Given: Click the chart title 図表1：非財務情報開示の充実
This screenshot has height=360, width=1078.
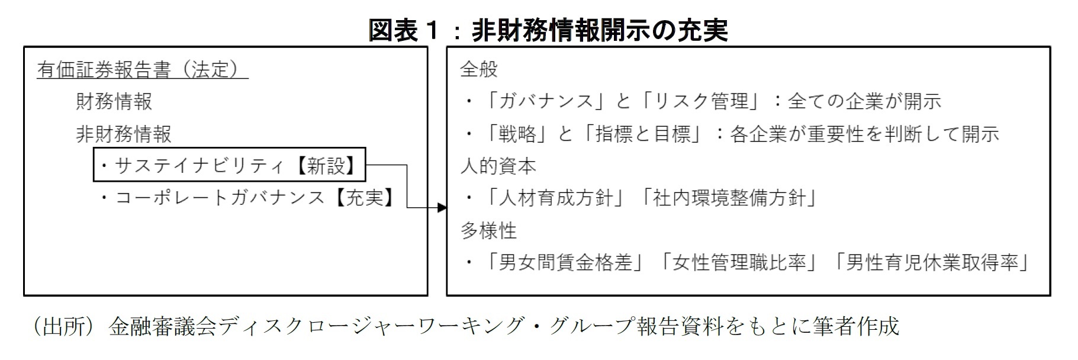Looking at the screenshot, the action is pos(548,30).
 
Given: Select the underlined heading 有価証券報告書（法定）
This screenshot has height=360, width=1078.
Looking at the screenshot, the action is pos(142,70).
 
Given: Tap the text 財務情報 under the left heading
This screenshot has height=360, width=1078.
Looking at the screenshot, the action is pos(114,101).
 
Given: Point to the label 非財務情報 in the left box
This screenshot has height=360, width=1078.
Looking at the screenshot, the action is pos(124,134).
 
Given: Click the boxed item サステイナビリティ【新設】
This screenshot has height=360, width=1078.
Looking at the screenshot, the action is pos(230,165).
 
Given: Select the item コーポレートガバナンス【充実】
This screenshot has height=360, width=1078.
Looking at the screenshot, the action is pos(248,197).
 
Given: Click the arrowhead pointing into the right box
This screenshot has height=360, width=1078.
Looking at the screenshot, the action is pos(442,207).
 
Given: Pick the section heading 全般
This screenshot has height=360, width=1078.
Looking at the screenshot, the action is pos(479,70).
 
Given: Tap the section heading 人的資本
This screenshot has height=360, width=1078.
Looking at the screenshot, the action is pos(498,166).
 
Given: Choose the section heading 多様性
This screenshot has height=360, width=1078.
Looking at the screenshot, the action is pos(488,230).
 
